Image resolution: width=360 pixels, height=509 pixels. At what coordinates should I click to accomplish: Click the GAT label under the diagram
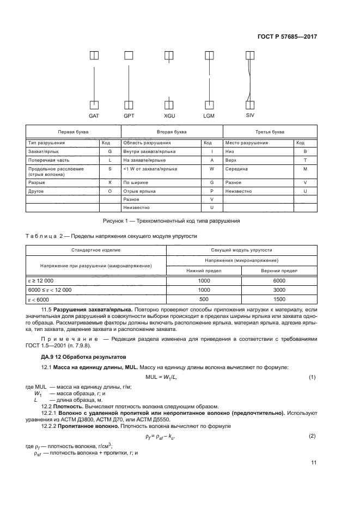tap(94, 116)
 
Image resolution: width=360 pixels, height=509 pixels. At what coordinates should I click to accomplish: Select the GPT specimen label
tap(129, 116)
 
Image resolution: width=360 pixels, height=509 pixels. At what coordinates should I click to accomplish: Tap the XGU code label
tap(169, 116)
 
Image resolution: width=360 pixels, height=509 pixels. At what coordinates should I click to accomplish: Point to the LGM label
tap(209, 116)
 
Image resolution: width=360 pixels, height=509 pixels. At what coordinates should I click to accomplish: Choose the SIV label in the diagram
tap(250, 115)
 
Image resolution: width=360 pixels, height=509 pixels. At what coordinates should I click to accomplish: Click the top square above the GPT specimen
tap(129, 55)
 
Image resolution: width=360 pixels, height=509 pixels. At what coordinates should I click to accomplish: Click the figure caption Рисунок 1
tap(171, 221)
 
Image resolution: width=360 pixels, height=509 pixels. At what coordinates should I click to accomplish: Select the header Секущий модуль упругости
tap(241, 249)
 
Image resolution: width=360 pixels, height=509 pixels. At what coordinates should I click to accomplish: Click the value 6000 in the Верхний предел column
tap(278, 280)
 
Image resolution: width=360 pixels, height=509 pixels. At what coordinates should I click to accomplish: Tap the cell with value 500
tap(204, 299)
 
